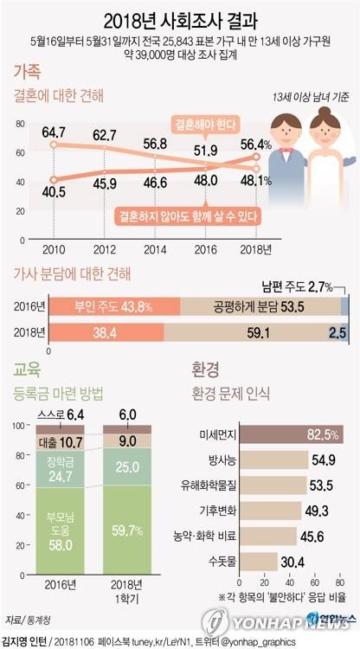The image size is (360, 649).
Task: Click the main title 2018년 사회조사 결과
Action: coord(180,20)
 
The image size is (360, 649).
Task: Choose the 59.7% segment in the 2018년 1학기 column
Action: coord(127,546)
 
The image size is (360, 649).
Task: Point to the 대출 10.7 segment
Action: coord(60,441)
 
